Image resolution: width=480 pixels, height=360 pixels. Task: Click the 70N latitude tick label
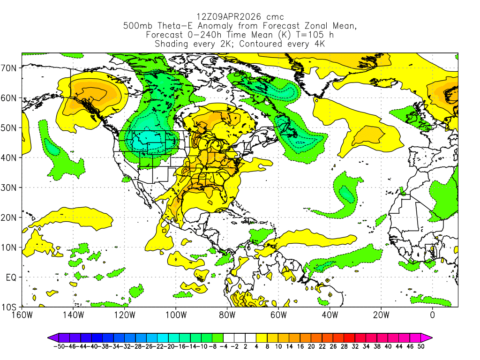tap(9, 68)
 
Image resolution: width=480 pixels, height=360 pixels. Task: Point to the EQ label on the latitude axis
tap(11, 277)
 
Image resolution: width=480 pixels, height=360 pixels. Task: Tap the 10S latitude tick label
tap(9, 307)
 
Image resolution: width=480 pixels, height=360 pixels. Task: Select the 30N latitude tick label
tap(9, 187)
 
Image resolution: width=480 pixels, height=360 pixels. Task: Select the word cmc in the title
tap(275, 17)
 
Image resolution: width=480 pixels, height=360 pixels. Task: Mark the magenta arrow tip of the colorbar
tap(429, 337)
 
